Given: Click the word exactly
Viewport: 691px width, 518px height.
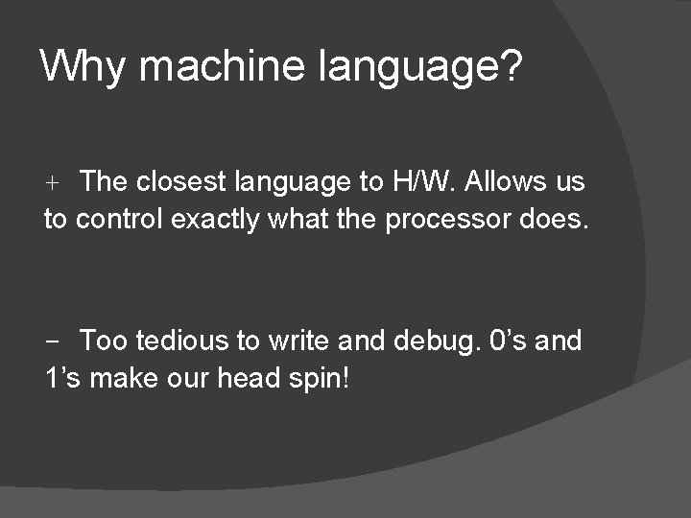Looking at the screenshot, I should click(x=216, y=221).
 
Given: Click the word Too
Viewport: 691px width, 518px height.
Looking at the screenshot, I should click(x=104, y=341).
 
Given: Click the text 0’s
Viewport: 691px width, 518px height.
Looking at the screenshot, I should click(x=509, y=341).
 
